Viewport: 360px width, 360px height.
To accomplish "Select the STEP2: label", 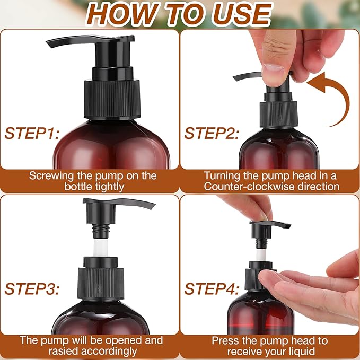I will click(211, 133).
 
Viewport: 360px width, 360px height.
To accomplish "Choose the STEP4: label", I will click(211, 289).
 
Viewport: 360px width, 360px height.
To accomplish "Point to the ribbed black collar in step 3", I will click(100, 281).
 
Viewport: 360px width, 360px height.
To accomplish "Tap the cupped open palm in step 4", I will click(308, 286).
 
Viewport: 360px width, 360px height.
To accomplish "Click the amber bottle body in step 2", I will click(270, 148).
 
